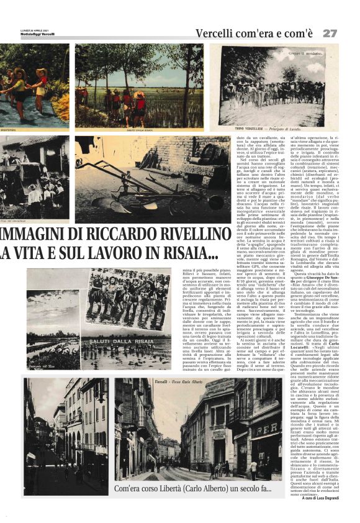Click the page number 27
click(330, 32)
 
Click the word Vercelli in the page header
click(216, 32)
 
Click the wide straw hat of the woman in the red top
click(41, 72)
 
